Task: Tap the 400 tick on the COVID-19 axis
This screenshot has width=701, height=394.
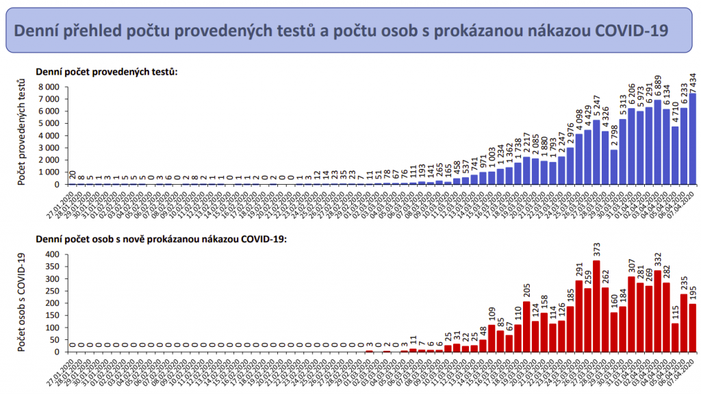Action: (x=53, y=254)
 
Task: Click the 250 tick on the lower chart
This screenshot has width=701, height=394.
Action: (x=53, y=291)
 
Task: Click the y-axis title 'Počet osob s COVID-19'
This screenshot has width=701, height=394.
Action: (x=23, y=302)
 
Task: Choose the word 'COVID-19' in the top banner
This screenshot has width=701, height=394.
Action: (x=632, y=31)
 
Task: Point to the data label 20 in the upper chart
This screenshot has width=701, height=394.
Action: (x=73, y=176)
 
